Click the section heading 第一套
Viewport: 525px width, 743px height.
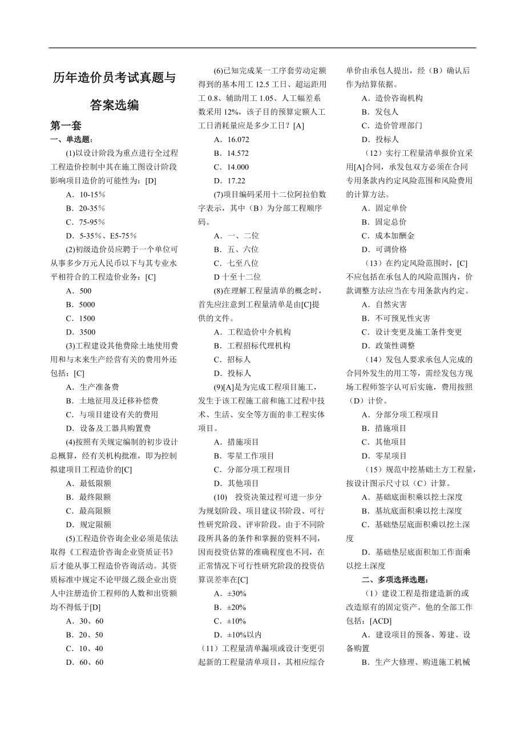click(x=66, y=126)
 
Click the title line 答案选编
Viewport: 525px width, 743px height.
click(x=114, y=105)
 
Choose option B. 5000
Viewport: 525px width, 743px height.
click(x=80, y=305)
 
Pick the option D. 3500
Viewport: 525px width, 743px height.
click(x=80, y=332)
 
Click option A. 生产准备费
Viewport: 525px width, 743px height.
click(x=92, y=387)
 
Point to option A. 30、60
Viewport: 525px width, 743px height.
click(x=84, y=621)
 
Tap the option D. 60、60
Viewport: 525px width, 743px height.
click(x=84, y=662)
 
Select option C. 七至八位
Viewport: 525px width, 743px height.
click(x=236, y=263)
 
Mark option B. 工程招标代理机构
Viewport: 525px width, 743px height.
click(x=252, y=346)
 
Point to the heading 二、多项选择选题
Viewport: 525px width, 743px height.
click(x=395, y=580)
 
